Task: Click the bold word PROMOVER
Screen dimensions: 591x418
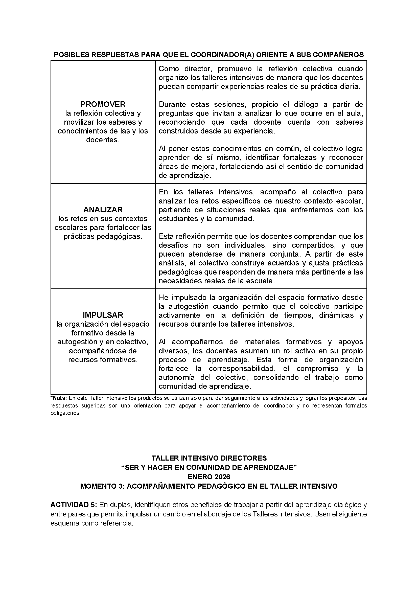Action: pyautogui.click(x=103, y=104)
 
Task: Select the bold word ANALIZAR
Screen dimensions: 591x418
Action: pyautogui.click(x=103, y=210)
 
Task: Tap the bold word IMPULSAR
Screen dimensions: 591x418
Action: pyautogui.click(x=103, y=315)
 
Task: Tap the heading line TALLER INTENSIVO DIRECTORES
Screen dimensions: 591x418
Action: pyautogui.click(x=209, y=458)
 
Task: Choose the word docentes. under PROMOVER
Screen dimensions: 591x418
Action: pyautogui.click(x=103, y=140)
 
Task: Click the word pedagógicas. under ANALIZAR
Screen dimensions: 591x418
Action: pyautogui.click(x=103, y=236)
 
